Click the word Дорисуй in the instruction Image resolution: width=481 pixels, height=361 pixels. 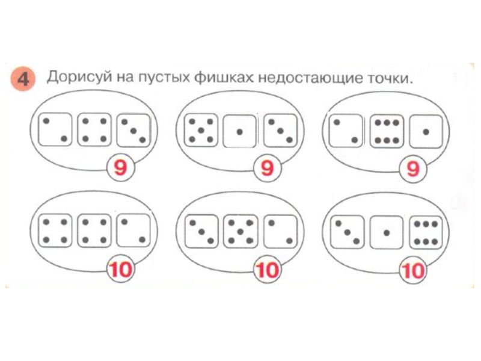click(x=79, y=77)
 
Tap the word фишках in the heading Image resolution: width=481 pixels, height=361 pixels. click(x=224, y=78)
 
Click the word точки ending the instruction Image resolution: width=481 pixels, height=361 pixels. click(x=389, y=79)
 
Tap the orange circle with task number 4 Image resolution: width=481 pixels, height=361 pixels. click(x=23, y=79)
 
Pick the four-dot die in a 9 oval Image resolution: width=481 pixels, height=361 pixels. click(x=94, y=130)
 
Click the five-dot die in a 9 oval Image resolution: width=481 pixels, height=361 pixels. click(x=201, y=131)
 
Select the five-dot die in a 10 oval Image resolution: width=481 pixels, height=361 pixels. click(x=240, y=231)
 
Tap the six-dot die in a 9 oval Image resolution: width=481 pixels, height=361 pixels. click(x=387, y=131)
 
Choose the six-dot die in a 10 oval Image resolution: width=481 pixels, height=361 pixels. click(x=426, y=233)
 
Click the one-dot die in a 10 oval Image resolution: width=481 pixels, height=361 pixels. click(x=387, y=232)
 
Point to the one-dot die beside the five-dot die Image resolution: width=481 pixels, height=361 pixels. click(x=239, y=131)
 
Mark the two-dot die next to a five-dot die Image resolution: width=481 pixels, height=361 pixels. click(x=280, y=232)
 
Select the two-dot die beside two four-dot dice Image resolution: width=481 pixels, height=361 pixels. click(x=133, y=230)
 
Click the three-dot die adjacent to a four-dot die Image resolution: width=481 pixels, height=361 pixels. click(x=133, y=130)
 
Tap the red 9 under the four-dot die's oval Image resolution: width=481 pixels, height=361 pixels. click(x=121, y=168)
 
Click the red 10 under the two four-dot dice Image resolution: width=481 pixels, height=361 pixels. click(x=121, y=269)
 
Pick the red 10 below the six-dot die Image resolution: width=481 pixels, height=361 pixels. click(x=413, y=271)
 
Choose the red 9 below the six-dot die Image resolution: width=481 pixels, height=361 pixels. click(x=413, y=169)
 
